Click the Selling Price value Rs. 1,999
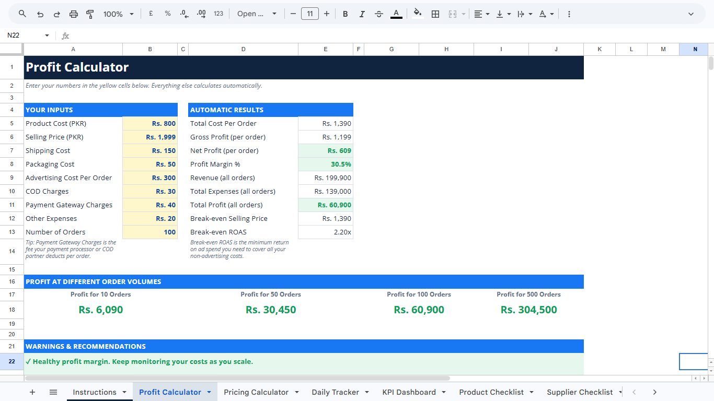coord(160,137)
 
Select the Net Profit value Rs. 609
coord(339,151)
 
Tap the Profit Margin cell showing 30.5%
coord(341,164)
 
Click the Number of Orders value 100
coord(169,232)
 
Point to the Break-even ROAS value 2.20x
coord(342,232)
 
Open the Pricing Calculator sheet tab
coord(256,392)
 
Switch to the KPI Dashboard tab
coord(409,392)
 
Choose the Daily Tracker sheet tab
coord(336,392)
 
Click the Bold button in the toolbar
coord(345,14)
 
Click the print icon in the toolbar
coord(74,14)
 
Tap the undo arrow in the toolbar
coord(40,14)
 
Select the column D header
coord(243,50)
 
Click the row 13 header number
coord(12,232)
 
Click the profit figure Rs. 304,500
coord(528,310)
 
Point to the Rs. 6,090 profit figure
coord(101,310)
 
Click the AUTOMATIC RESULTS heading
coord(227,110)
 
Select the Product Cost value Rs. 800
coord(164,124)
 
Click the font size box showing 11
coord(310,14)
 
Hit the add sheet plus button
coord(32,392)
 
